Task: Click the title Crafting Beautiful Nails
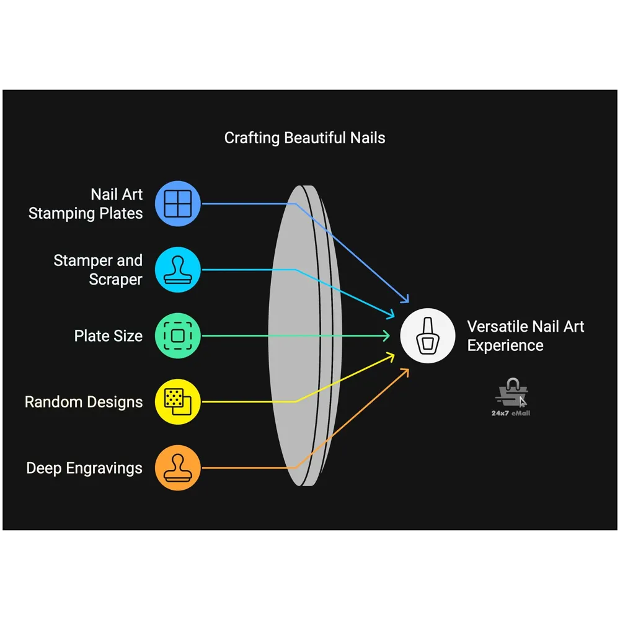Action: (304, 138)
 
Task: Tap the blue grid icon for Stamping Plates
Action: (178, 203)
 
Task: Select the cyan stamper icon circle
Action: (178, 270)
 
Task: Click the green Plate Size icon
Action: (178, 336)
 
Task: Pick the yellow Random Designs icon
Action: (178, 402)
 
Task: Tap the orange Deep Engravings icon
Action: (178, 468)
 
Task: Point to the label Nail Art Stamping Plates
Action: (86, 204)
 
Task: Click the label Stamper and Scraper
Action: (98, 270)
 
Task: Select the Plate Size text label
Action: (108, 336)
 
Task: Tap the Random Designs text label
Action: (84, 402)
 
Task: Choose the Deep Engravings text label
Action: (84, 468)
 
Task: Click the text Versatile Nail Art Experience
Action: (525, 335)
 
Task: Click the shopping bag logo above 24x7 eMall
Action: (511, 392)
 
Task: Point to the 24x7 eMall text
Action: (511, 413)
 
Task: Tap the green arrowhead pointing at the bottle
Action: (386, 336)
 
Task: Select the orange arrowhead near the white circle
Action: (405, 371)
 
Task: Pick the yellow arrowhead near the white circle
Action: (391, 356)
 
